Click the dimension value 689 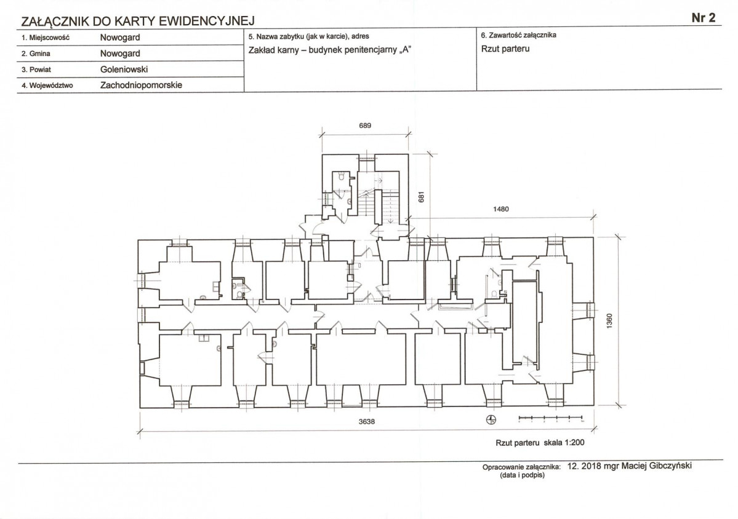tap(365, 125)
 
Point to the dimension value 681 tap(422, 197)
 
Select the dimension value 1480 tap(501, 209)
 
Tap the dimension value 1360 tap(609, 321)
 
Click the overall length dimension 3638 tap(367, 422)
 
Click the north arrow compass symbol tap(491, 420)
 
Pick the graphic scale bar tap(551, 418)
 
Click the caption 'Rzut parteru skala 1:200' tap(540, 442)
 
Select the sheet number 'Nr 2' tap(704, 17)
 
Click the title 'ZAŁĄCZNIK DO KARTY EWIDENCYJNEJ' tap(138, 21)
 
